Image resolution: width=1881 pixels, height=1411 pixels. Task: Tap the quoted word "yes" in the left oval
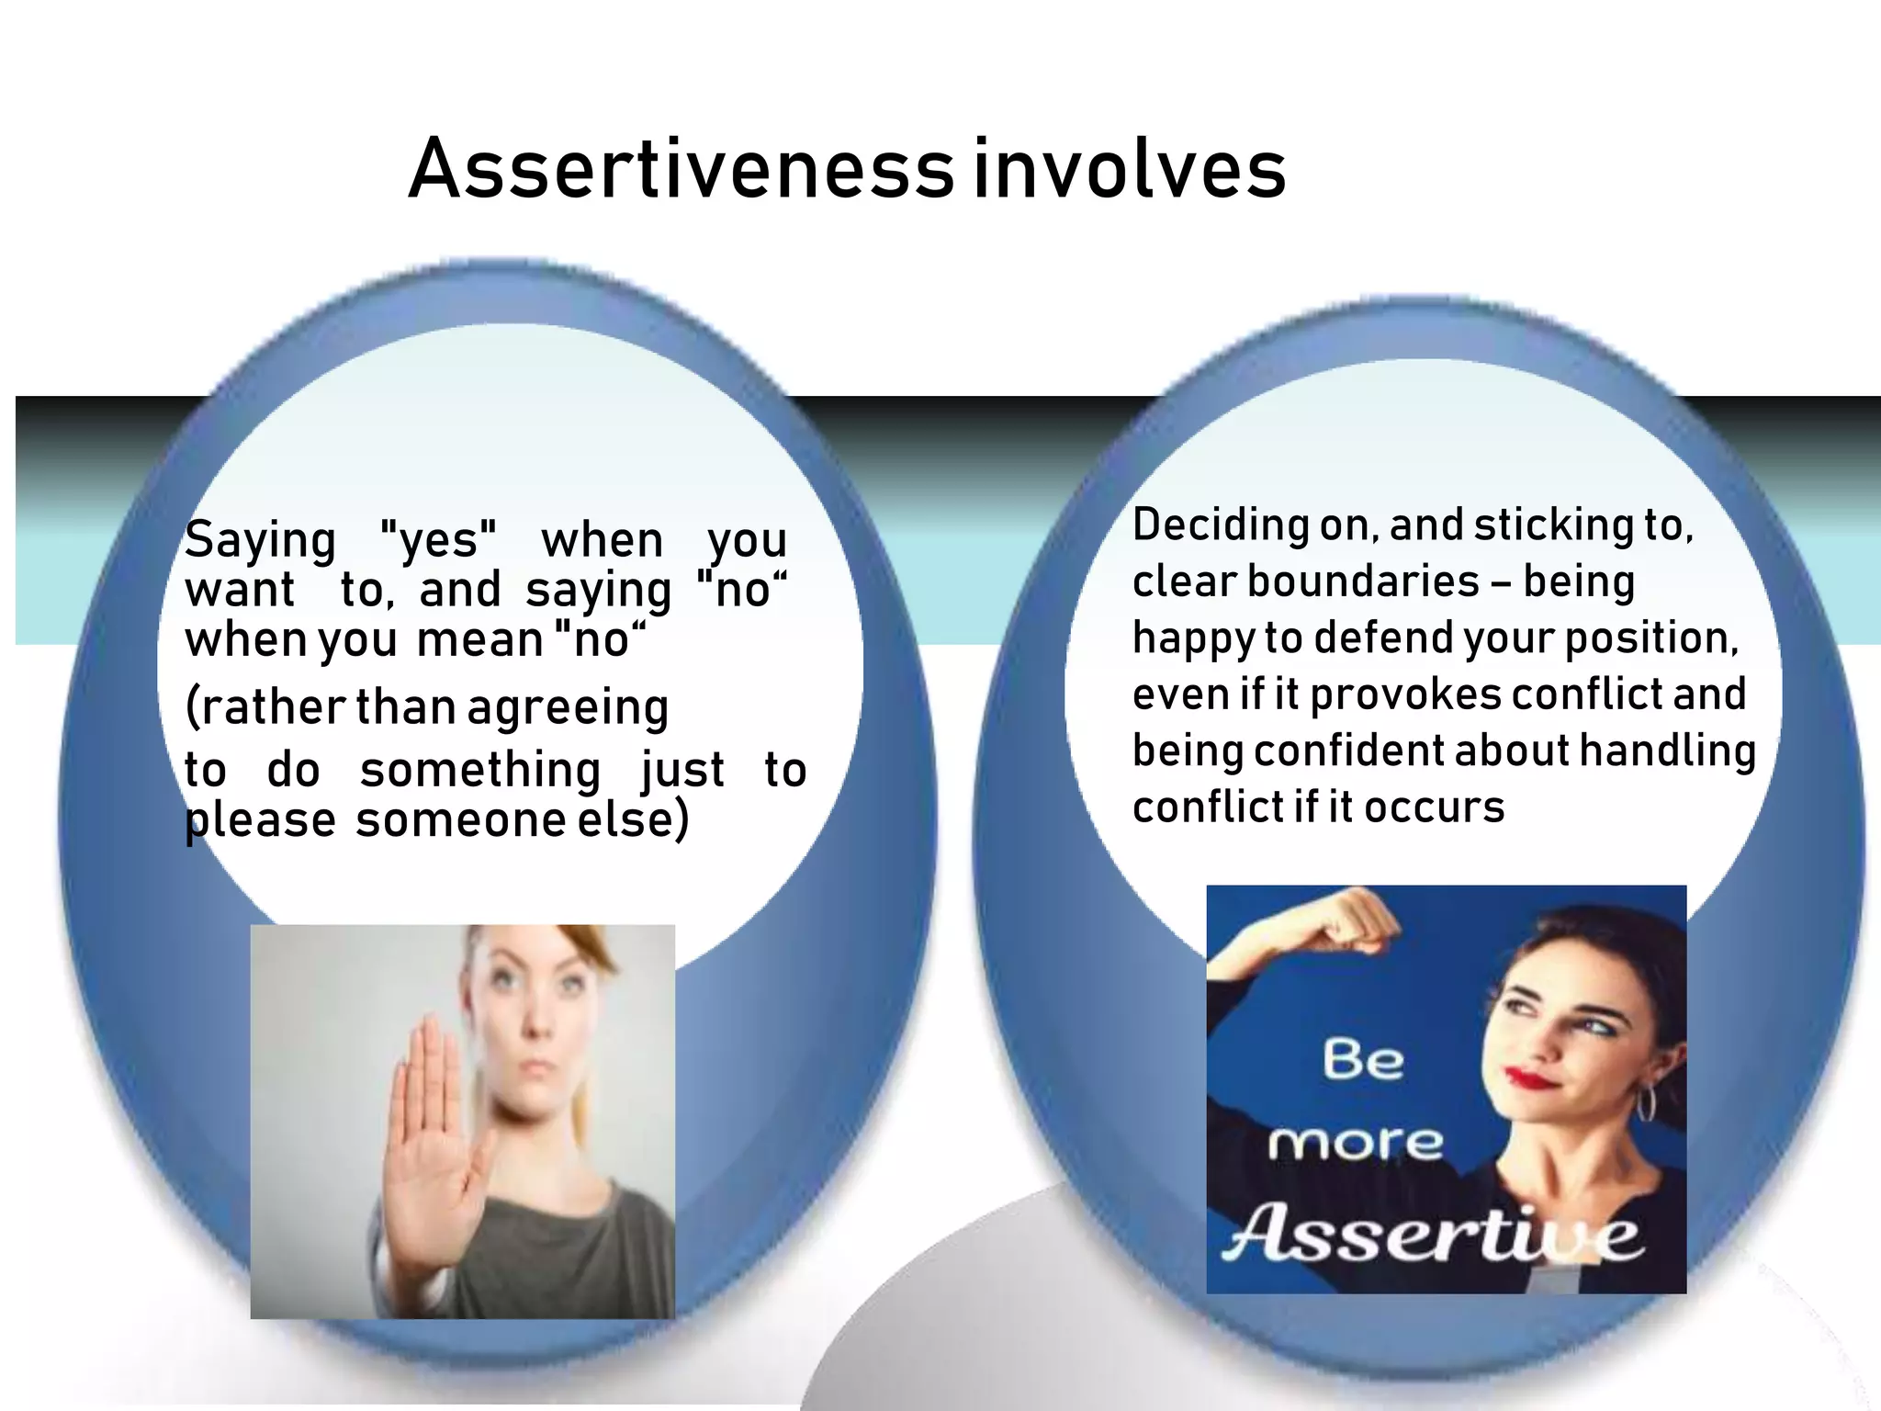pyautogui.click(x=438, y=540)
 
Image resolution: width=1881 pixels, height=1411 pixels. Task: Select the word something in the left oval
pyautogui.click(x=479, y=770)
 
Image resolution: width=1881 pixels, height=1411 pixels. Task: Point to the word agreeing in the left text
pyautogui.click(x=568, y=709)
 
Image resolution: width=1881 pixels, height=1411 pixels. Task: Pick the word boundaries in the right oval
pyautogui.click(x=1363, y=582)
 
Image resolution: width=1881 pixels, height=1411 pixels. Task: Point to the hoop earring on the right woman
pyautogui.click(x=1645, y=1102)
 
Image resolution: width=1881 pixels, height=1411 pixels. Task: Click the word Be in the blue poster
pyautogui.click(x=1363, y=1060)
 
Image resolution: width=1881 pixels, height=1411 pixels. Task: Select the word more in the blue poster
pyautogui.click(x=1356, y=1145)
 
